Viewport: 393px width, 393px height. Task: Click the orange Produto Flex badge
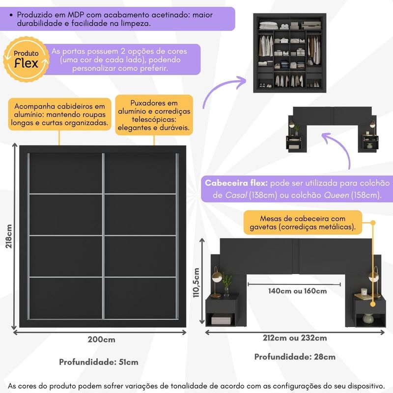[25, 58]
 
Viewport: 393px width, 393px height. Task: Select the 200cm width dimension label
[102, 340]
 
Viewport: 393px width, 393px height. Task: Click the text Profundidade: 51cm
[99, 362]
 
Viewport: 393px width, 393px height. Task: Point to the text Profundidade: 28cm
[295, 357]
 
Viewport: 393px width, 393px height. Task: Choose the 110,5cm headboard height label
[196, 282]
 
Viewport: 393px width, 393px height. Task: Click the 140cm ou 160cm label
[297, 291]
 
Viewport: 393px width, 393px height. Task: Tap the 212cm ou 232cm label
[295, 338]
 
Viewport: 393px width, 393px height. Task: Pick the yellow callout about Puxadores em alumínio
[154, 115]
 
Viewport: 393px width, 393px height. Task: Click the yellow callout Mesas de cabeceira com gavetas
[302, 223]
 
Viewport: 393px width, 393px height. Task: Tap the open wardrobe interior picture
[289, 52]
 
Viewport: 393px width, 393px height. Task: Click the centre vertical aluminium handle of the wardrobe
[104, 236]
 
